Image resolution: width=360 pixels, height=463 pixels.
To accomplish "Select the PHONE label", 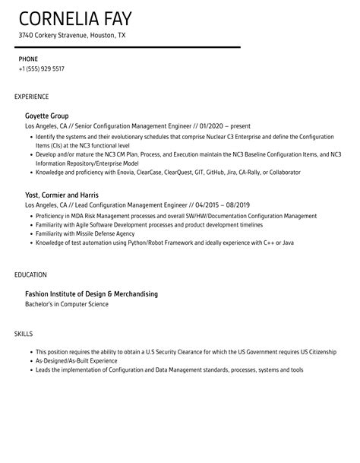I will click(x=29, y=59).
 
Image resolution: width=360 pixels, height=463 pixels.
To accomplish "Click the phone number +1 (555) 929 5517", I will click(x=42, y=68).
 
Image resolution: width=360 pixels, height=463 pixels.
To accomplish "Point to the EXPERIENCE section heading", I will click(x=32, y=97).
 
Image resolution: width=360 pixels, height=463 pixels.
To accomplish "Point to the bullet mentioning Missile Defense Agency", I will click(x=80, y=233).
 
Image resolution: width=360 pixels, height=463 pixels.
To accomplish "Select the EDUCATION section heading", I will click(x=31, y=274).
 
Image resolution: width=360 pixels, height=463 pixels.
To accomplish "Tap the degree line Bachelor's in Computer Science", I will click(x=67, y=304).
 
